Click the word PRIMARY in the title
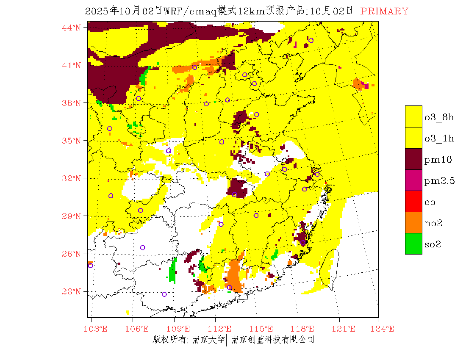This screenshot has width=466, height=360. (x=384, y=11)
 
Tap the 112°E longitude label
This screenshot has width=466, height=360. (x=222, y=329)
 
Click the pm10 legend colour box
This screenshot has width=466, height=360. (x=413, y=159)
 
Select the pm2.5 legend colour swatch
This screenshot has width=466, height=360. (x=413, y=180)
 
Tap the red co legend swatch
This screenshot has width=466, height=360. (x=413, y=202)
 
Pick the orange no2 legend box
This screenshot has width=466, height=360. (x=413, y=223)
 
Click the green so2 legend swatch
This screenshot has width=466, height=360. (x=413, y=244)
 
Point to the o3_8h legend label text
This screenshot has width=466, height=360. (x=439, y=117)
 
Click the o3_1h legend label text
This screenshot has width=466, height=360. (x=439, y=138)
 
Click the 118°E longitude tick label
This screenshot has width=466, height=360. (x=305, y=329)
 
